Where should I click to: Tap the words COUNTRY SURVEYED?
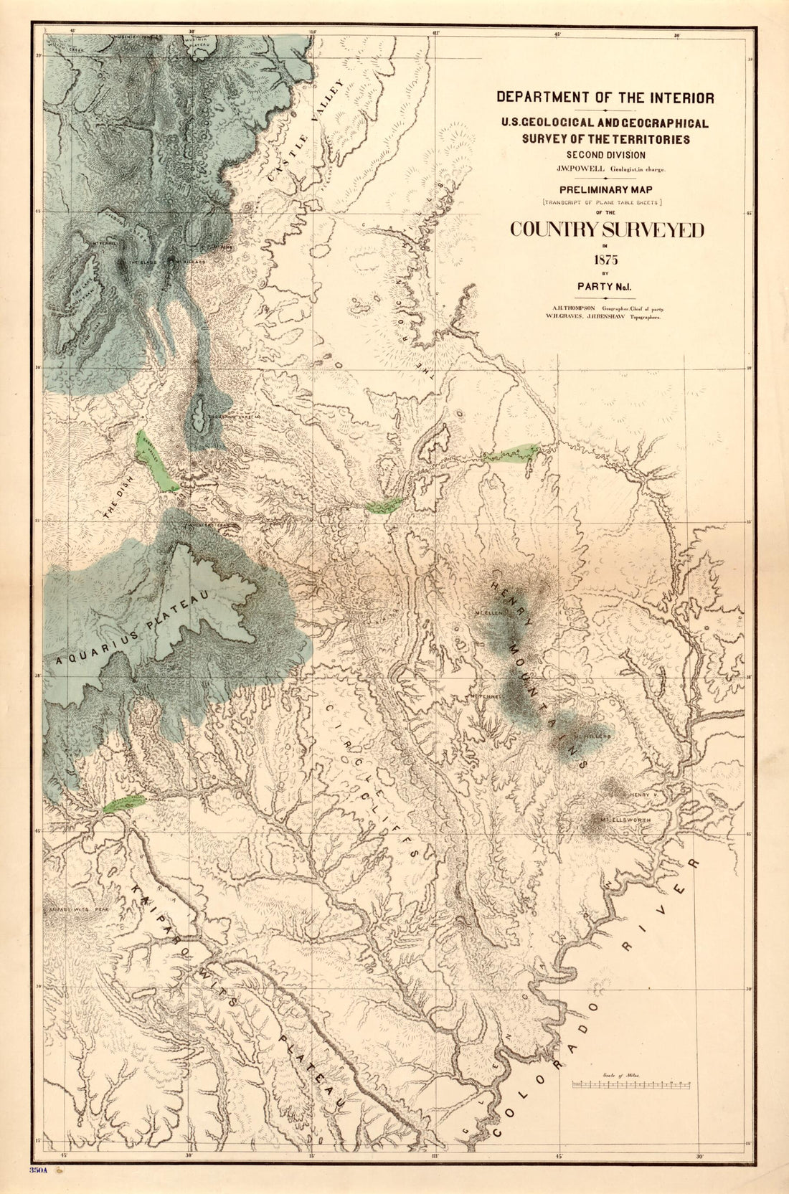tap(607, 229)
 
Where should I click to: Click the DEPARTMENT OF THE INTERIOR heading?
tap(605, 98)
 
